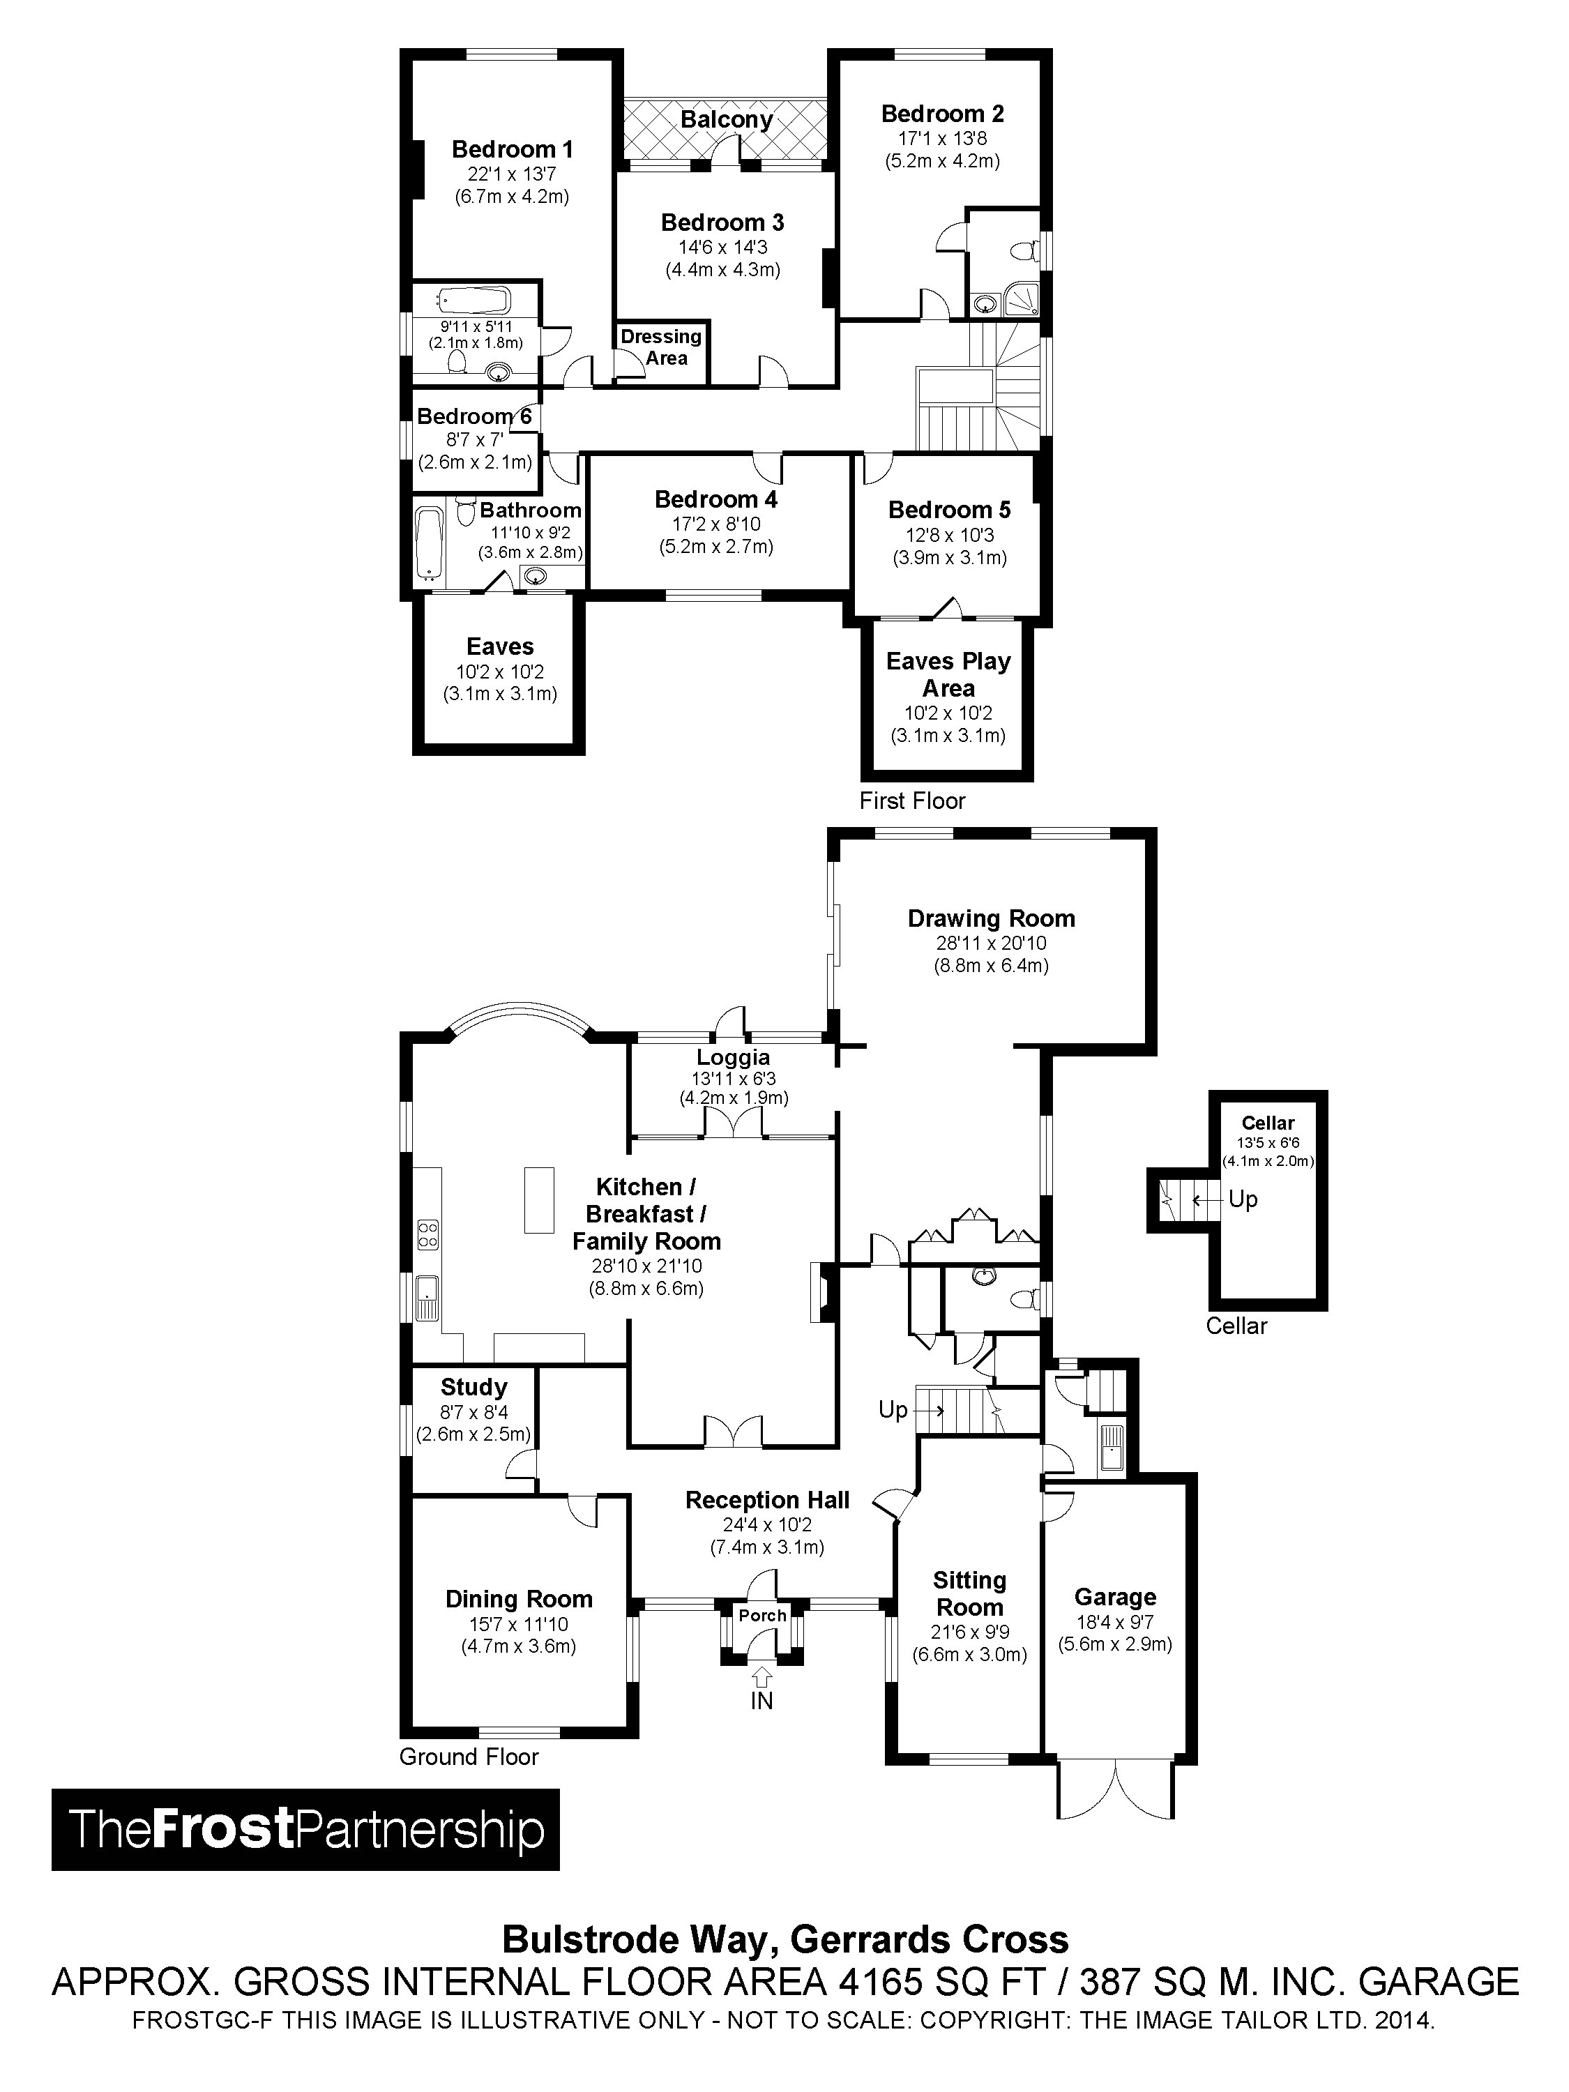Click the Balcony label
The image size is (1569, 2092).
pos(727,120)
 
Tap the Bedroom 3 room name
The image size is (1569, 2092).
pos(722,223)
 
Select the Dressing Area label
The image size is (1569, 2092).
pos(661,347)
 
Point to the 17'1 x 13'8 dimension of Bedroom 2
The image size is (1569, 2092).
pos(942,138)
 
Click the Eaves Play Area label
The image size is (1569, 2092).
pos(948,674)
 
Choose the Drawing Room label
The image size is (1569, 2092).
pos(991,918)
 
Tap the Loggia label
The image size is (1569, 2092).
pos(733,1057)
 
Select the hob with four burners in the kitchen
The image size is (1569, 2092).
pos(427,1234)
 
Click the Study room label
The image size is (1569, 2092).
pos(473,1388)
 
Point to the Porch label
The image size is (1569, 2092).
pos(762,1615)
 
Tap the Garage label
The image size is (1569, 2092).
pos(1115,1598)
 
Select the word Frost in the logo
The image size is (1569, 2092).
pos(223,1829)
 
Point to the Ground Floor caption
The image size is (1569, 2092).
pos(469,1757)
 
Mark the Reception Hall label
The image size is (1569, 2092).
pos(767,1500)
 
